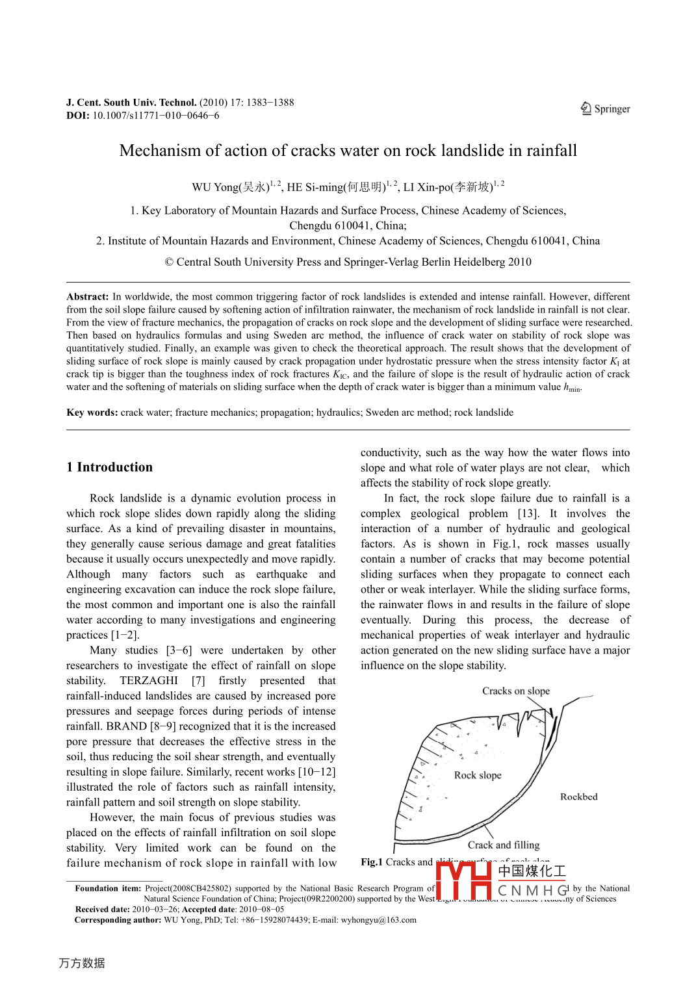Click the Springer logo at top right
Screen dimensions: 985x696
(x=605, y=109)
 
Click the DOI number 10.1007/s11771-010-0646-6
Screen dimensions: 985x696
(x=155, y=116)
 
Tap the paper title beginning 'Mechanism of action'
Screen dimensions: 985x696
(x=348, y=151)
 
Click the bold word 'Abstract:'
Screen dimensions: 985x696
(x=88, y=296)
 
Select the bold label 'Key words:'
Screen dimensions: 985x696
(x=92, y=413)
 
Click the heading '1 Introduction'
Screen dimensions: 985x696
(x=109, y=467)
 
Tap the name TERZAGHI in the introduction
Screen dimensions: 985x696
(x=149, y=680)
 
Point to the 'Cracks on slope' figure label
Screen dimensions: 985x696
(x=516, y=691)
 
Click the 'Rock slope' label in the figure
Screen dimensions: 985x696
(x=478, y=775)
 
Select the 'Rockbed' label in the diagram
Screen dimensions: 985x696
(x=578, y=797)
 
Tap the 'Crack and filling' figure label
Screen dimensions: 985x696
(x=504, y=845)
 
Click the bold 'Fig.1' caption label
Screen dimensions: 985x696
(x=372, y=862)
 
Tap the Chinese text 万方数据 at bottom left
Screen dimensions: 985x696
(x=82, y=963)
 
